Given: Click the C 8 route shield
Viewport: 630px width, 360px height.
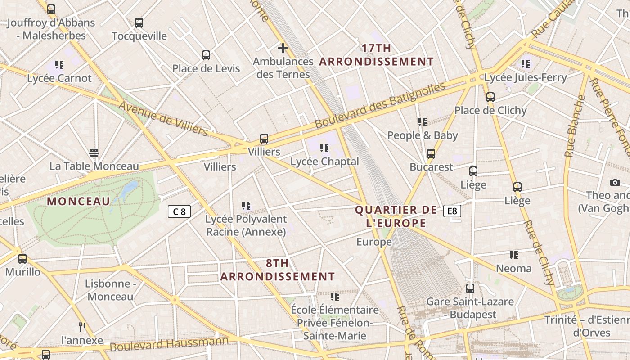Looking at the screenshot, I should click(180, 211).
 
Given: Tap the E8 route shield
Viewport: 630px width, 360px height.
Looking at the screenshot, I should click(452, 211).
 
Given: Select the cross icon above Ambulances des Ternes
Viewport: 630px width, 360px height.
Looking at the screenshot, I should click(283, 48).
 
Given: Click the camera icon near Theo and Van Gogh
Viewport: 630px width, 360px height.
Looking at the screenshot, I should click(615, 182).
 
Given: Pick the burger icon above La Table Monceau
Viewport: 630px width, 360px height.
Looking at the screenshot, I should click(94, 153).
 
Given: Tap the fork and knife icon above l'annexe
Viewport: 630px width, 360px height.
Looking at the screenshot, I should click(82, 327).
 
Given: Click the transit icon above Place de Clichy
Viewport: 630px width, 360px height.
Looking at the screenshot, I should click(490, 97).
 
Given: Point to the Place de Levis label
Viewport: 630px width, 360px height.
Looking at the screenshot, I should click(206, 68).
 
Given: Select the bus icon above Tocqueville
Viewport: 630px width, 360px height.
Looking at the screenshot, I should click(139, 22).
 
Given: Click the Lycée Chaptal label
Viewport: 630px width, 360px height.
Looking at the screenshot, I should click(324, 162).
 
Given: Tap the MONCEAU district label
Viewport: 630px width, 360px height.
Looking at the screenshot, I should click(78, 201).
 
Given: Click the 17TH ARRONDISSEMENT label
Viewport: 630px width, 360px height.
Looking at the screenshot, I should click(376, 55).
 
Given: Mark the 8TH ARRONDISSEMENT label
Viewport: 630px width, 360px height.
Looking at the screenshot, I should click(278, 270).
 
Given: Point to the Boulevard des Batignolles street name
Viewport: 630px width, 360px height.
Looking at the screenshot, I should click(380, 104).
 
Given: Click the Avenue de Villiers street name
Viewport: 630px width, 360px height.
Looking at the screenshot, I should click(163, 118).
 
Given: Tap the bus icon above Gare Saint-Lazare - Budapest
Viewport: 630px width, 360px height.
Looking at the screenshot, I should click(470, 288).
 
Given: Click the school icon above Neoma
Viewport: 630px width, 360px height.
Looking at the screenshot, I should click(513, 255).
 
